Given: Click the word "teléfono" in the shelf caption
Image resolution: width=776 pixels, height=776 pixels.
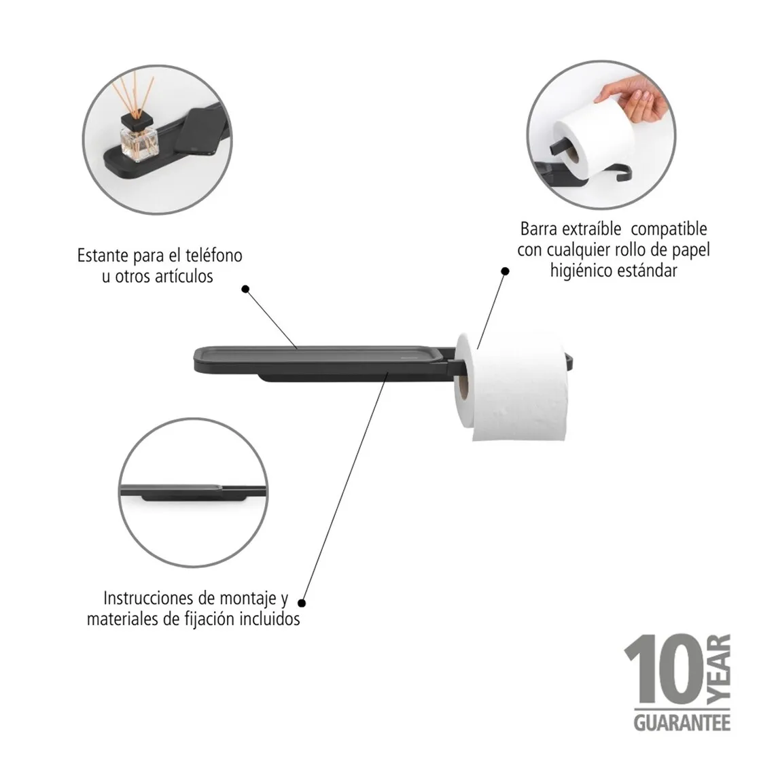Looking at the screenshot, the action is coord(213,255).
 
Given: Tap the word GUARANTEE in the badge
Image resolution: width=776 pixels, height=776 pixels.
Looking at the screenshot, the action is coord(682,722).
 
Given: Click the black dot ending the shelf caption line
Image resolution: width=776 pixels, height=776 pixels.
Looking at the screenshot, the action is coord(245,289).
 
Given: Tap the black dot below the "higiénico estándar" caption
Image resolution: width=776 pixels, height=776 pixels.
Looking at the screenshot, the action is coord(506,271).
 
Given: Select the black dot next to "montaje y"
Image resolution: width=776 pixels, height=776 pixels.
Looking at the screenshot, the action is coord(302,603).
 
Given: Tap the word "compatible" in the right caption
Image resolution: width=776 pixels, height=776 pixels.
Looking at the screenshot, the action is coord(669,229).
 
